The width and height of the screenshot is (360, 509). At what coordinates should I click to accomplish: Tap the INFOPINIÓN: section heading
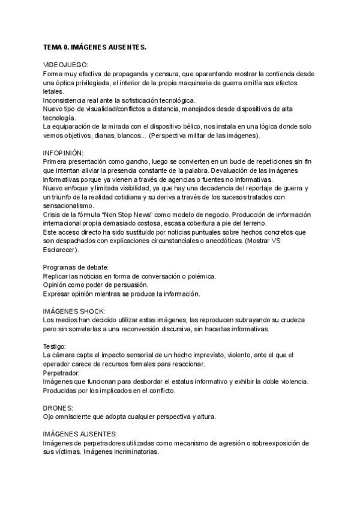[64, 154]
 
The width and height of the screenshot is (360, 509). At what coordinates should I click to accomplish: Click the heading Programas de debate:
[76, 267]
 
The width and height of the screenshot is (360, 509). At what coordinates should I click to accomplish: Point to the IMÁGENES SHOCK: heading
[74, 312]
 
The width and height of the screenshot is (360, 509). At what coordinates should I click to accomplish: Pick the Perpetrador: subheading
[63, 373]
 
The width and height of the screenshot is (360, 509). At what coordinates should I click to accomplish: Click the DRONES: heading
[58, 408]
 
